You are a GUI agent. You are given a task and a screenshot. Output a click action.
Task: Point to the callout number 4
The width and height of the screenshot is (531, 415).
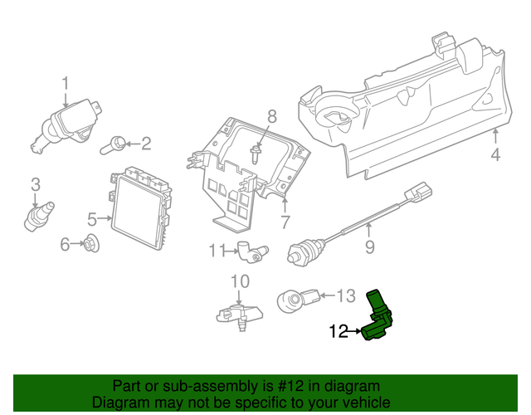pos(495,154)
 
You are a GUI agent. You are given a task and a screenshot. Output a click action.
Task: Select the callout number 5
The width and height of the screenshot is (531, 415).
pos(92,219)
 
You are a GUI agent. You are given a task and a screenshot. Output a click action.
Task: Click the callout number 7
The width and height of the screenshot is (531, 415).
pos(285,222)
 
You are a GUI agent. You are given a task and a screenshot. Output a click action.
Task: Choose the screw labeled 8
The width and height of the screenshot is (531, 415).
pos(256,154)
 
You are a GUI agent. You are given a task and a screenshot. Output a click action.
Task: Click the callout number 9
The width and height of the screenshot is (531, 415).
pos(370,247)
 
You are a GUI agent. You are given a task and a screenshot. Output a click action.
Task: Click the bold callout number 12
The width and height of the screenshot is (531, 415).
pos(339,332)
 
